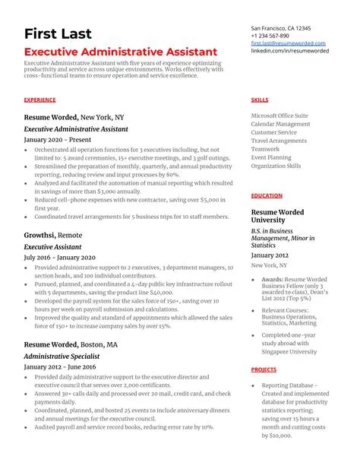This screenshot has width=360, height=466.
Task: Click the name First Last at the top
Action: click(58, 33)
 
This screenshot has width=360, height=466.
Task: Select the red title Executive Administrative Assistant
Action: click(121, 51)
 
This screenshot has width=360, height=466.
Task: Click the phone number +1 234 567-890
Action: click(270, 36)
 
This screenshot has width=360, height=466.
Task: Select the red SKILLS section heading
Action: click(258, 100)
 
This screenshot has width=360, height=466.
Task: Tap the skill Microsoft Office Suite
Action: click(279, 116)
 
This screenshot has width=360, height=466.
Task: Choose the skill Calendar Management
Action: click(280, 124)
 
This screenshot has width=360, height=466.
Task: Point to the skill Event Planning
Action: click(270, 157)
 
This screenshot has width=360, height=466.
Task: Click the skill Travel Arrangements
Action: click(279, 141)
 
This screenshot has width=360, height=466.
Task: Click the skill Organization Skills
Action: click(276, 166)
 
